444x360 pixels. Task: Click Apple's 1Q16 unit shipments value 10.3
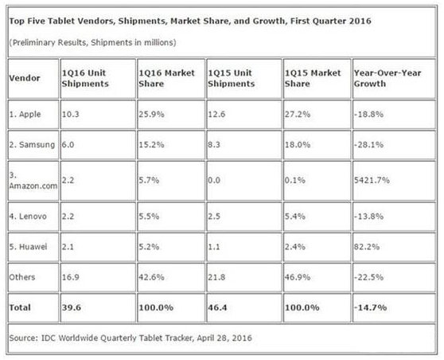click(x=71, y=114)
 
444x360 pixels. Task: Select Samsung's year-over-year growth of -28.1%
click(x=368, y=145)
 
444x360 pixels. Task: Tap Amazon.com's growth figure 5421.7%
click(x=372, y=180)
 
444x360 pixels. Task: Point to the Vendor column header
click(x=25, y=78)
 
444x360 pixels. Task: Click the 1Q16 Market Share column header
click(x=166, y=78)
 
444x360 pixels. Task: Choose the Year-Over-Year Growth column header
click(x=388, y=78)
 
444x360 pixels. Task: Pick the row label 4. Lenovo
click(x=28, y=217)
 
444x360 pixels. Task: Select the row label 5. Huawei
click(x=28, y=247)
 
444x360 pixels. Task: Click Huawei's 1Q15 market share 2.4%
click(x=295, y=247)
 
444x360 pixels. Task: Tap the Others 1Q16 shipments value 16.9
click(x=71, y=277)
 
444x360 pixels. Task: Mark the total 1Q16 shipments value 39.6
click(x=72, y=307)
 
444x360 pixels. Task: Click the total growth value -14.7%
click(x=370, y=307)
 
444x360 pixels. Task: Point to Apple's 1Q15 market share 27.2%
click(x=298, y=114)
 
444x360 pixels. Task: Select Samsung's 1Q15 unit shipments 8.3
click(x=214, y=145)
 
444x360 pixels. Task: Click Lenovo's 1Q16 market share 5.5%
click(x=149, y=217)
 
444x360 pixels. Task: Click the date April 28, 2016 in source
click(x=224, y=338)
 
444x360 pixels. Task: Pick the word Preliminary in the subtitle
click(x=33, y=42)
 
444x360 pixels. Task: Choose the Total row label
click(x=20, y=307)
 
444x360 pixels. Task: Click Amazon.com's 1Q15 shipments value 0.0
click(x=214, y=180)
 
